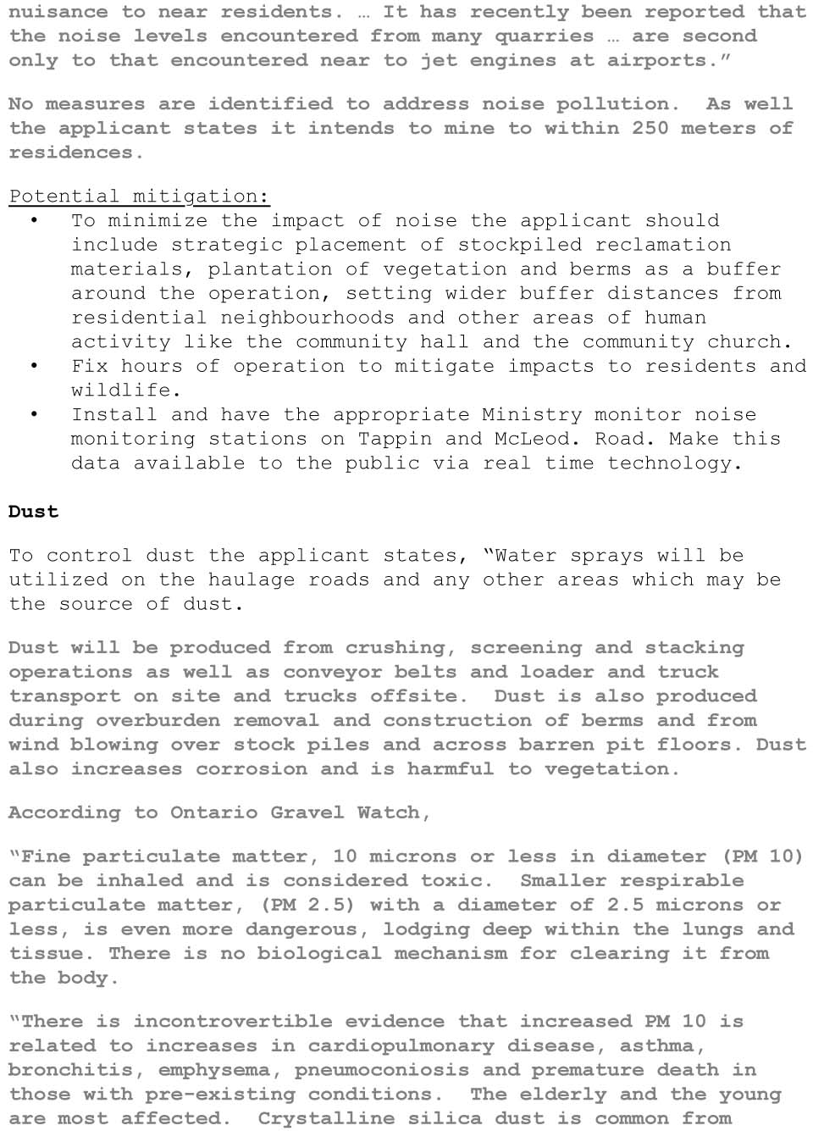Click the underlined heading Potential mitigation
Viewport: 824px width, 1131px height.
[x=139, y=197]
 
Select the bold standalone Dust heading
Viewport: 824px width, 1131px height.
[x=33, y=512]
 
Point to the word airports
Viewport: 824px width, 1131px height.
[x=668, y=61]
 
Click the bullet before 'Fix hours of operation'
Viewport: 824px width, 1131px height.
[x=34, y=366]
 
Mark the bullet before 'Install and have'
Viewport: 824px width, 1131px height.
[x=34, y=414]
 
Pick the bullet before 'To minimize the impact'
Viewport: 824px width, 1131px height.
[x=34, y=220]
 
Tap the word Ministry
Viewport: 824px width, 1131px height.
[x=532, y=415]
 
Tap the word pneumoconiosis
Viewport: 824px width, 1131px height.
[x=382, y=1071]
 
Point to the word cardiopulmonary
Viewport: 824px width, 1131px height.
[x=401, y=1046]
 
